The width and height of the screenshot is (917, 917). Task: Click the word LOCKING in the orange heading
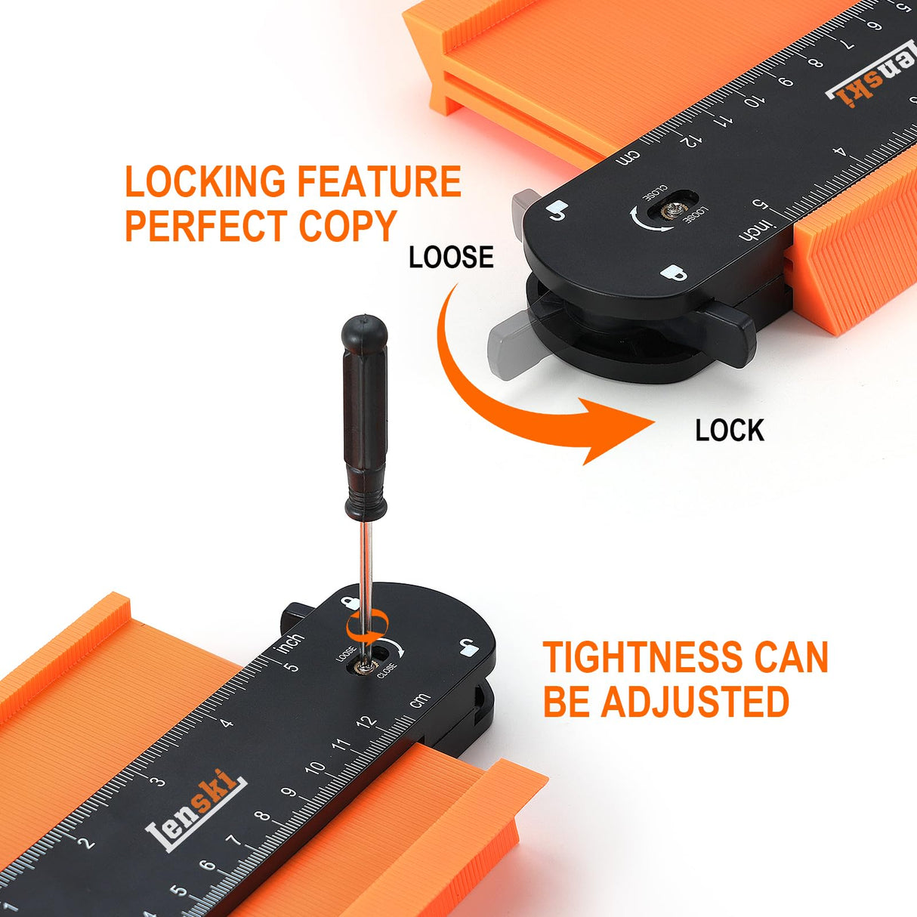point(205,181)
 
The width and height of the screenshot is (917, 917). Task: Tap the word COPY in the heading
point(348,225)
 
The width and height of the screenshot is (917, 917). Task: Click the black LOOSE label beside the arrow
point(451,258)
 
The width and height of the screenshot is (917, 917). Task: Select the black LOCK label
point(730,431)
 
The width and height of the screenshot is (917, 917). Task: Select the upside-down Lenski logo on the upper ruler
point(871,76)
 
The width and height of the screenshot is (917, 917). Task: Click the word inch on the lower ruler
point(290,642)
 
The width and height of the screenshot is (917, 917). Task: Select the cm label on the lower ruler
point(420,700)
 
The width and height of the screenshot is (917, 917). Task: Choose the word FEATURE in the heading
point(379,181)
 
